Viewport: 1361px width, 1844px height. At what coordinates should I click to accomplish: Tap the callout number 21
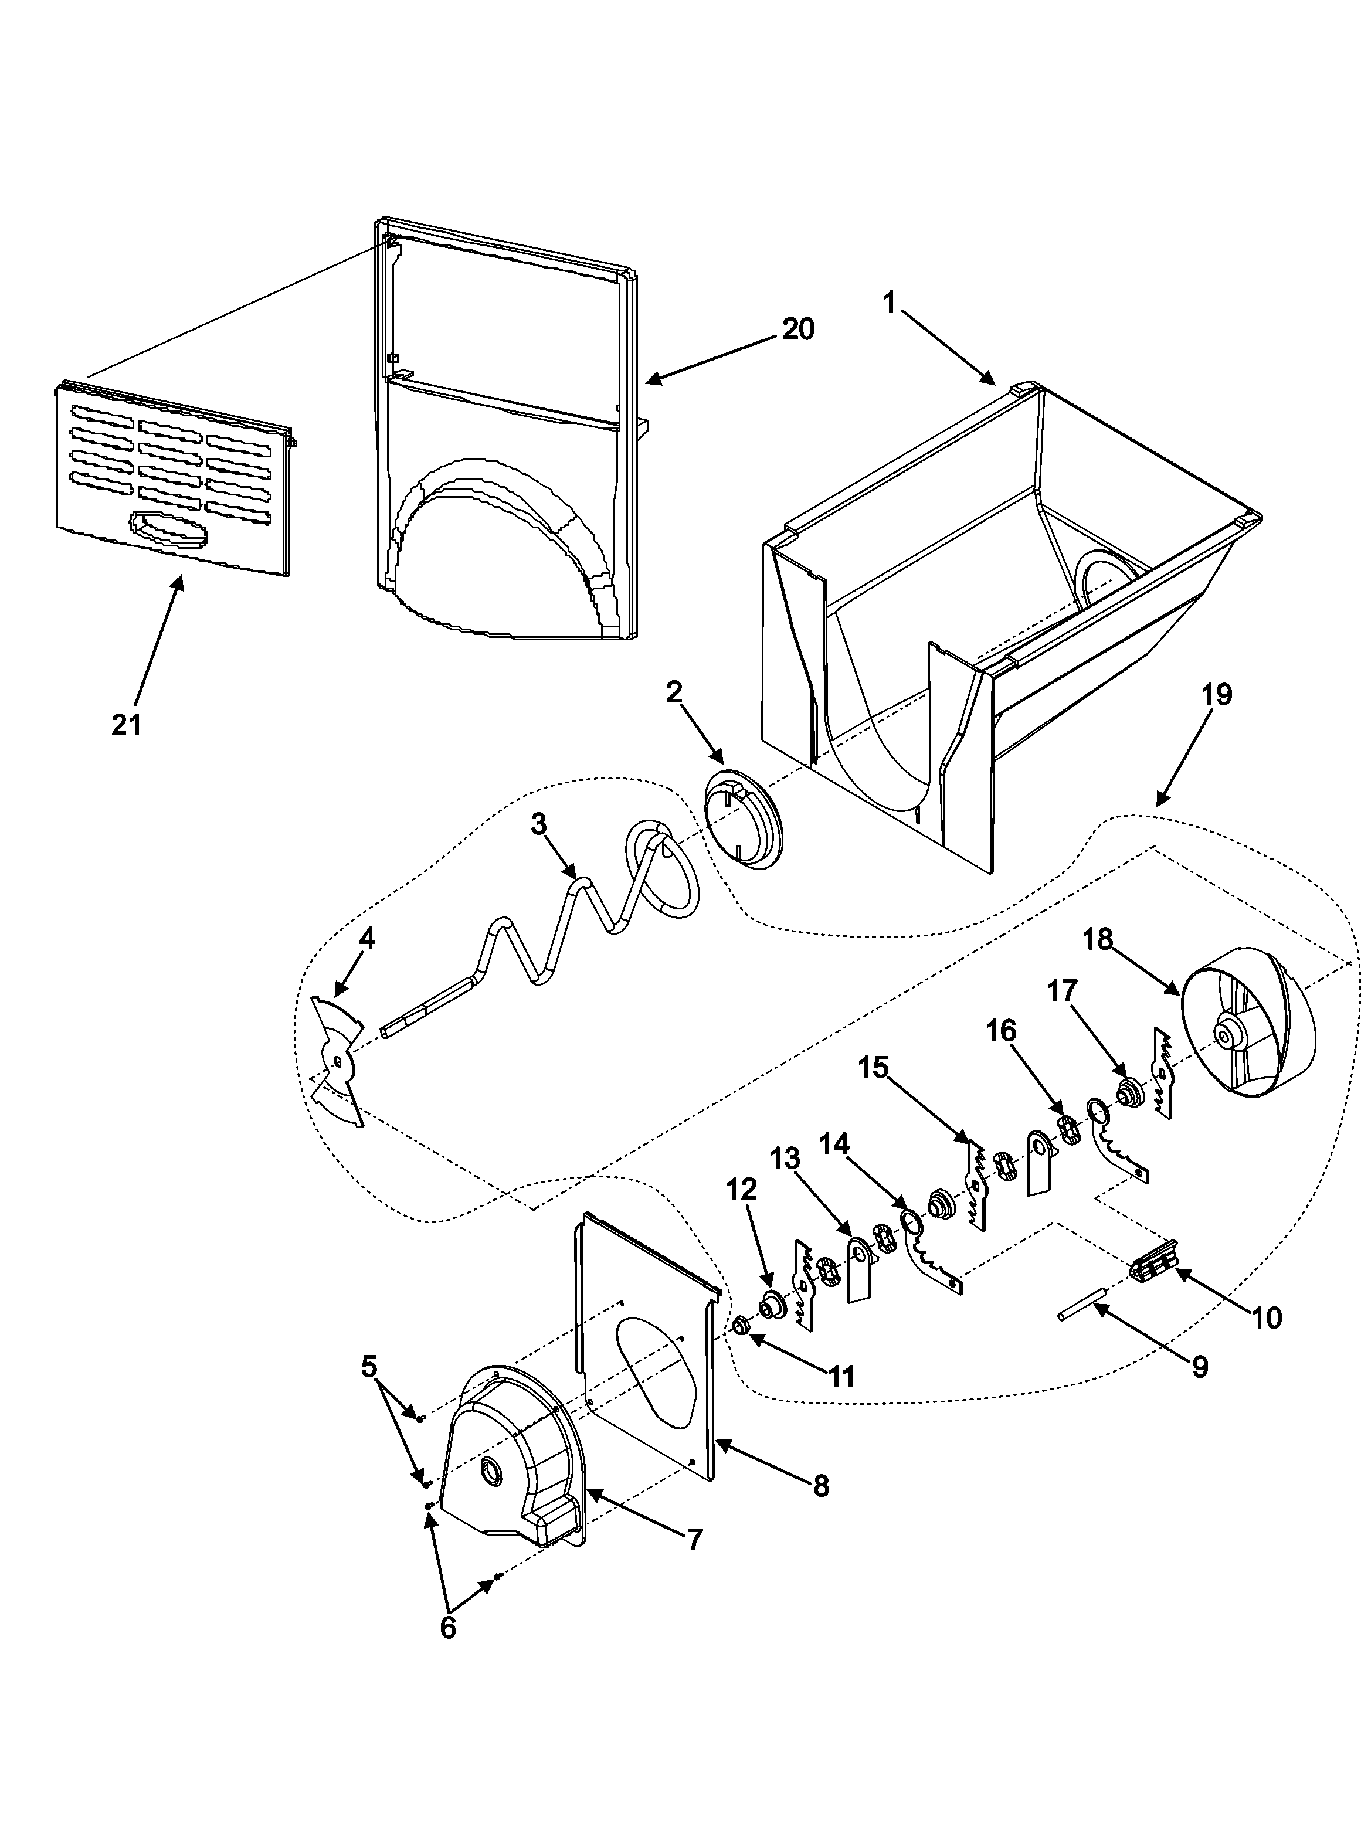pos(127,725)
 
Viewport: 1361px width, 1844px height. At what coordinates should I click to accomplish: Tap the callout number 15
pos(873,1068)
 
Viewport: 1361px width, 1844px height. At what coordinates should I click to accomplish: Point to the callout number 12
pos(741,1188)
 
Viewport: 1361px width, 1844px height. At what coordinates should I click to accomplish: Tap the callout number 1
pos(889,303)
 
